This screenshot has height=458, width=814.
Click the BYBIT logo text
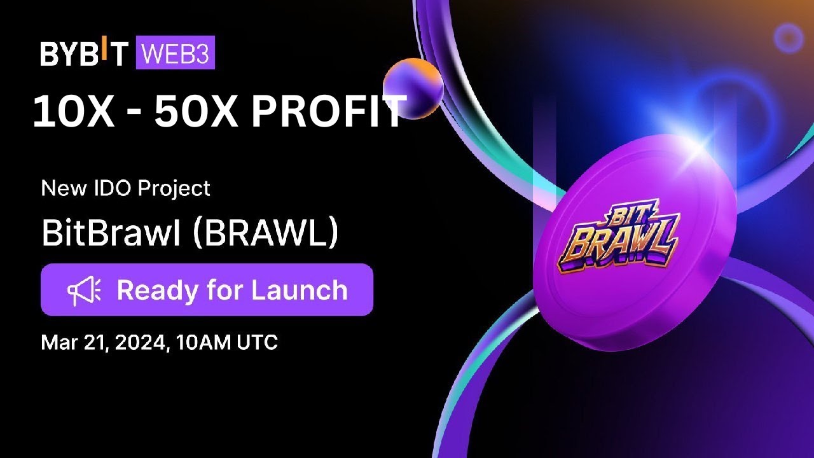click(x=84, y=53)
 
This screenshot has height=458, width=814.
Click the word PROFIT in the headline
click(x=328, y=112)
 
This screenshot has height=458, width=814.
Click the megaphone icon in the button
click(x=84, y=291)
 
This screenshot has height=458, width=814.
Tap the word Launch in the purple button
click(x=300, y=291)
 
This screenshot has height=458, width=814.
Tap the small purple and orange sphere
click(x=413, y=88)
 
